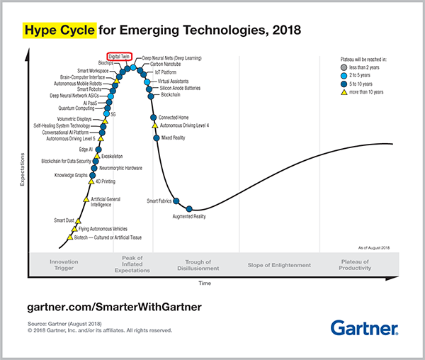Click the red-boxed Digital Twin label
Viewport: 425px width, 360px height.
(118, 55)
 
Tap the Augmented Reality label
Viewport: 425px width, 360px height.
(189, 216)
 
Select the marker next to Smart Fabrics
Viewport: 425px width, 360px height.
(176, 201)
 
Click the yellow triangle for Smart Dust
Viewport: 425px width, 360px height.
(79, 220)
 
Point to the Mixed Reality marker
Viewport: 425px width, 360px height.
(155, 137)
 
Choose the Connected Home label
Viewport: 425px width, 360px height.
(173, 117)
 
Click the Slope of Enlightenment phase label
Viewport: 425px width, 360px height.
(279, 265)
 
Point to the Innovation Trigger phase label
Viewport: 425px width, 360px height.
(64, 265)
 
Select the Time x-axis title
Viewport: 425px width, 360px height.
(205, 283)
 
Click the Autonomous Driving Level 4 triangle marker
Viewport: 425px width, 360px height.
(155, 125)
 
